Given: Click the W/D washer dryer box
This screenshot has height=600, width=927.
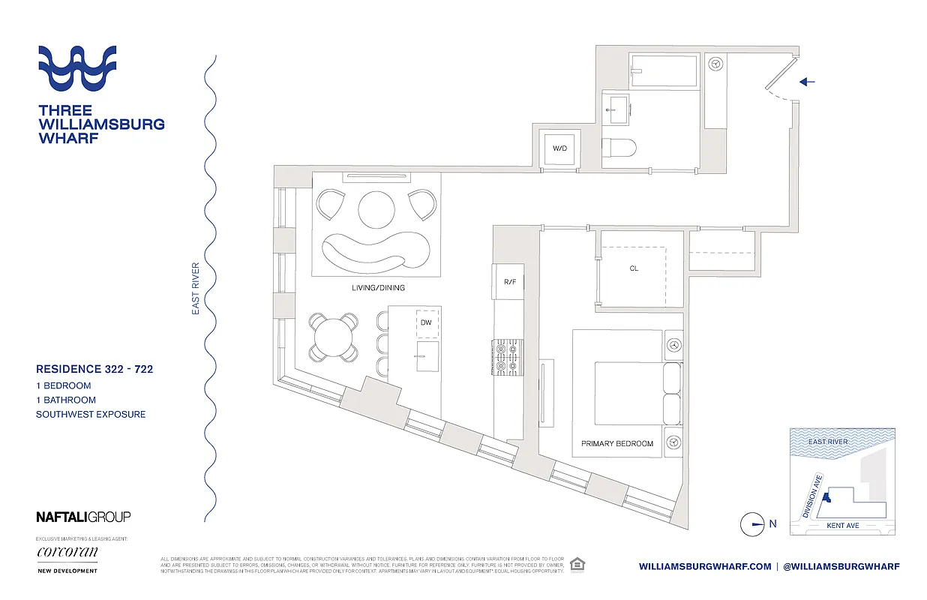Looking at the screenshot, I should tap(560, 148).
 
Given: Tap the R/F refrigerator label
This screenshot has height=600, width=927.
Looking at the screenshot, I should tap(510, 283).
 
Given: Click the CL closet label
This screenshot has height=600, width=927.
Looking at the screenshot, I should tap(634, 268).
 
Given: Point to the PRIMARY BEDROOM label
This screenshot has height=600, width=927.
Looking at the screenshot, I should tap(617, 443).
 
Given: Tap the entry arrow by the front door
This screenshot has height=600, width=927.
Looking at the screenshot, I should tap(806, 82).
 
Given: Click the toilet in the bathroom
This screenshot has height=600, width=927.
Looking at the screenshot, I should tap(620, 147).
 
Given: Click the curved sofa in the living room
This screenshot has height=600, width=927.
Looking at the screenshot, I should tap(375, 251).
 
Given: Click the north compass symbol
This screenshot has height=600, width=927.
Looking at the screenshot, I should tap(752, 524).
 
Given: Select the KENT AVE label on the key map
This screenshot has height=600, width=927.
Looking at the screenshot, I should tap(842, 526).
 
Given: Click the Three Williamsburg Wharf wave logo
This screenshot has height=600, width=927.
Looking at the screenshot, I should tap(77, 68).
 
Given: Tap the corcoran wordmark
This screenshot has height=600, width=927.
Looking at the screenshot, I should tap(67, 552).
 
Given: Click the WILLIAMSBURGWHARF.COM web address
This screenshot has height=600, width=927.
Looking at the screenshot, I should tap(705, 567).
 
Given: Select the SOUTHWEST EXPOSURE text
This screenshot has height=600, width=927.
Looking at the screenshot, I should tap(91, 414).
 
